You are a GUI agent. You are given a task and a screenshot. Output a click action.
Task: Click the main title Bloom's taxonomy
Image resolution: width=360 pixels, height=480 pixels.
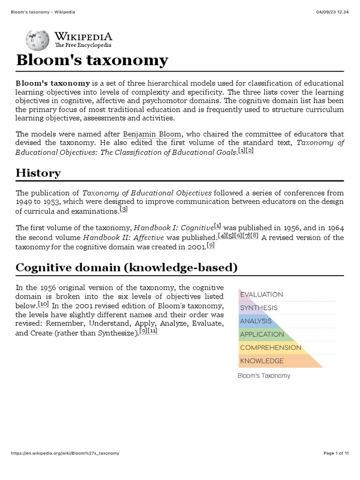tap(91, 60)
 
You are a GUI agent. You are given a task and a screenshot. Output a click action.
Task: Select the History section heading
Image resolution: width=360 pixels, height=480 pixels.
tap(38, 173)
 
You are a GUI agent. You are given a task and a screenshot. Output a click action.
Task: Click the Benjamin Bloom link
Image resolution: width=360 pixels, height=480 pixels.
tap(152, 134)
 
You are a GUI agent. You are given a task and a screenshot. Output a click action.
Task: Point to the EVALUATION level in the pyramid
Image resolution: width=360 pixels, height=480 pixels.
tap(261, 294)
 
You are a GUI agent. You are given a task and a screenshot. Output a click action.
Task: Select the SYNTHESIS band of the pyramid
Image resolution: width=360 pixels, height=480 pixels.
tap(258, 308)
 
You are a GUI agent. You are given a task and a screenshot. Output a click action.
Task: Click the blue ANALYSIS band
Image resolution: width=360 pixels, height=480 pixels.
tap(255, 321)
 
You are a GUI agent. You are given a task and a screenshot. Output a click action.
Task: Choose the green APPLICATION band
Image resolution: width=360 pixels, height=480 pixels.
tap(262, 334)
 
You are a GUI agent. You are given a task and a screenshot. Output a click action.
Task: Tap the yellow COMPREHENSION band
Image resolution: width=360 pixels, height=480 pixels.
tap(270, 347)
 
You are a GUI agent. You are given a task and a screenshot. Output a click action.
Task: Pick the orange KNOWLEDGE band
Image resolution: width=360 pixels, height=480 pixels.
tap(262, 361)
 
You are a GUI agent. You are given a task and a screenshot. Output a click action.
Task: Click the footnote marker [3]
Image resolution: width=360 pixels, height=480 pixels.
tap(123, 210)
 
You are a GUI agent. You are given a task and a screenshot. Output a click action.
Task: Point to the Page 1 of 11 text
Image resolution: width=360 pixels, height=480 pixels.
tap(336, 453)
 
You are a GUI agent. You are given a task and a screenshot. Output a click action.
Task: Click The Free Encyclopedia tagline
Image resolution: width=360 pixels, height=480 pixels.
tap(83, 45)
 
